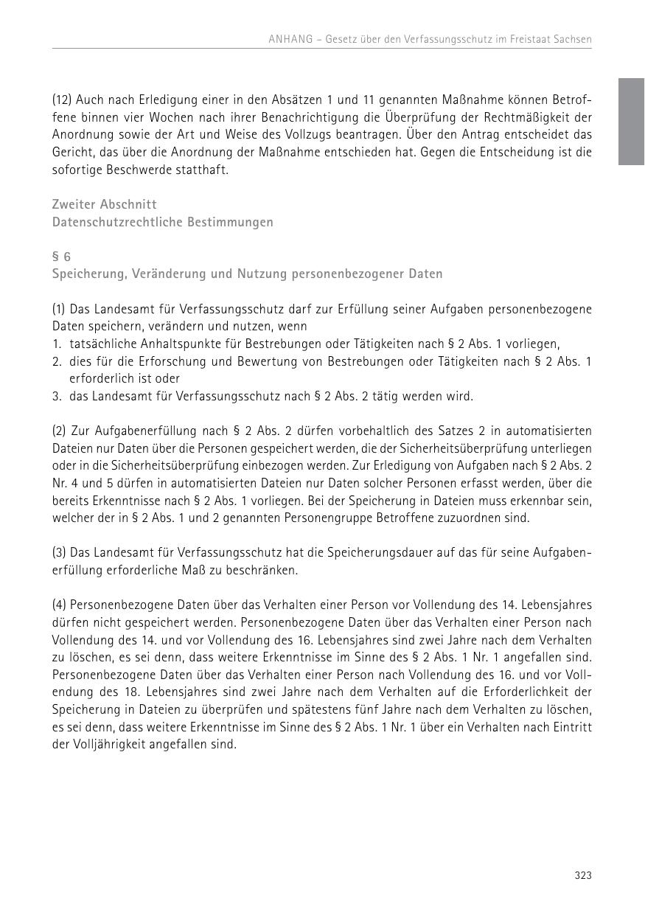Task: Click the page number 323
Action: coord(583,875)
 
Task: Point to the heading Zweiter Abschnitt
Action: coord(104,204)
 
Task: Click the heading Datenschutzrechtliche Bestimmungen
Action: coord(162,222)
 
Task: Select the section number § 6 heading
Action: coord(61,257)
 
